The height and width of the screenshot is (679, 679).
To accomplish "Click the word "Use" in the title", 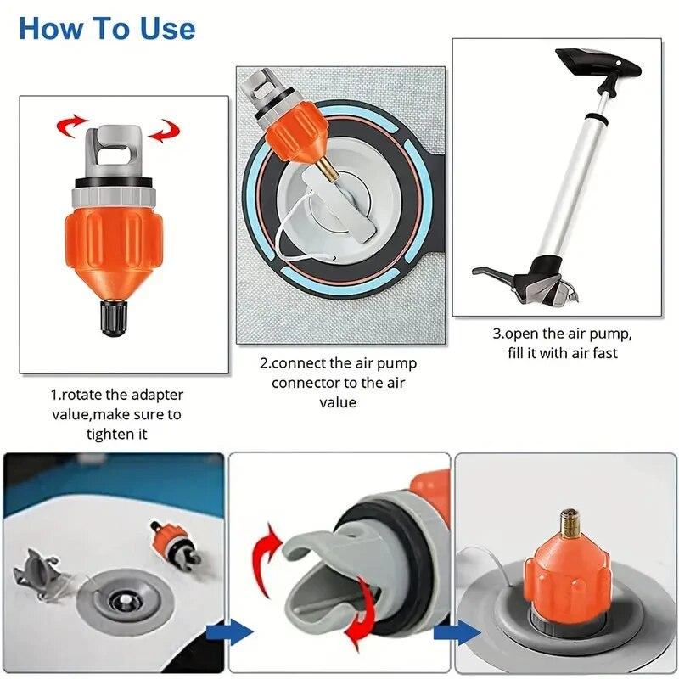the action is pos(167,29).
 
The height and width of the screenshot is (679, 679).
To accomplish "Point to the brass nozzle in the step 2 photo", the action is pos(328,169).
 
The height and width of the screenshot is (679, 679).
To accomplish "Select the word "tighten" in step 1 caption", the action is pos(105,434).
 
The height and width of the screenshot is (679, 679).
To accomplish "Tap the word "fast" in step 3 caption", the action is pos(605,353).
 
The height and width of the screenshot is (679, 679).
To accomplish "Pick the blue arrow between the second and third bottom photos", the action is pos(456,633).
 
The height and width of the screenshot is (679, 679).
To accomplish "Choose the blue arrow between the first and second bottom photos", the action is pos(228,632).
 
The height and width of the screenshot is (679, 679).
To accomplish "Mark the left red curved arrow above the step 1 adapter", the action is pos(72,126).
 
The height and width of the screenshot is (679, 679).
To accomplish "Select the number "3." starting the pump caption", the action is pos(498,334).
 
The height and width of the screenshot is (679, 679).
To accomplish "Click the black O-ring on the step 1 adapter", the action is pos(113,182).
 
